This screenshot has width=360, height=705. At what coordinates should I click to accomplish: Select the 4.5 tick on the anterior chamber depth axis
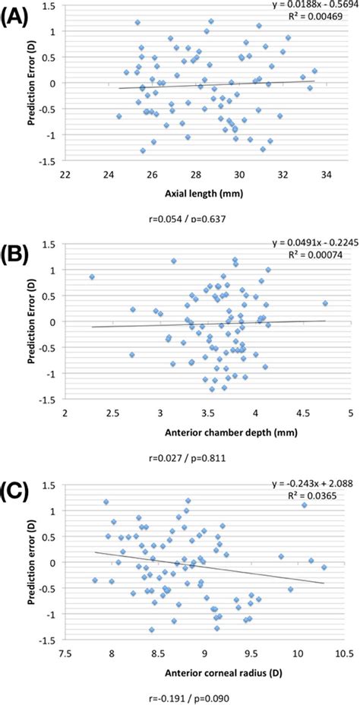click(x=302, y=414)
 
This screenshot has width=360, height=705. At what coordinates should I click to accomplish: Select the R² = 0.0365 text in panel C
click(x=319, y=495)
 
